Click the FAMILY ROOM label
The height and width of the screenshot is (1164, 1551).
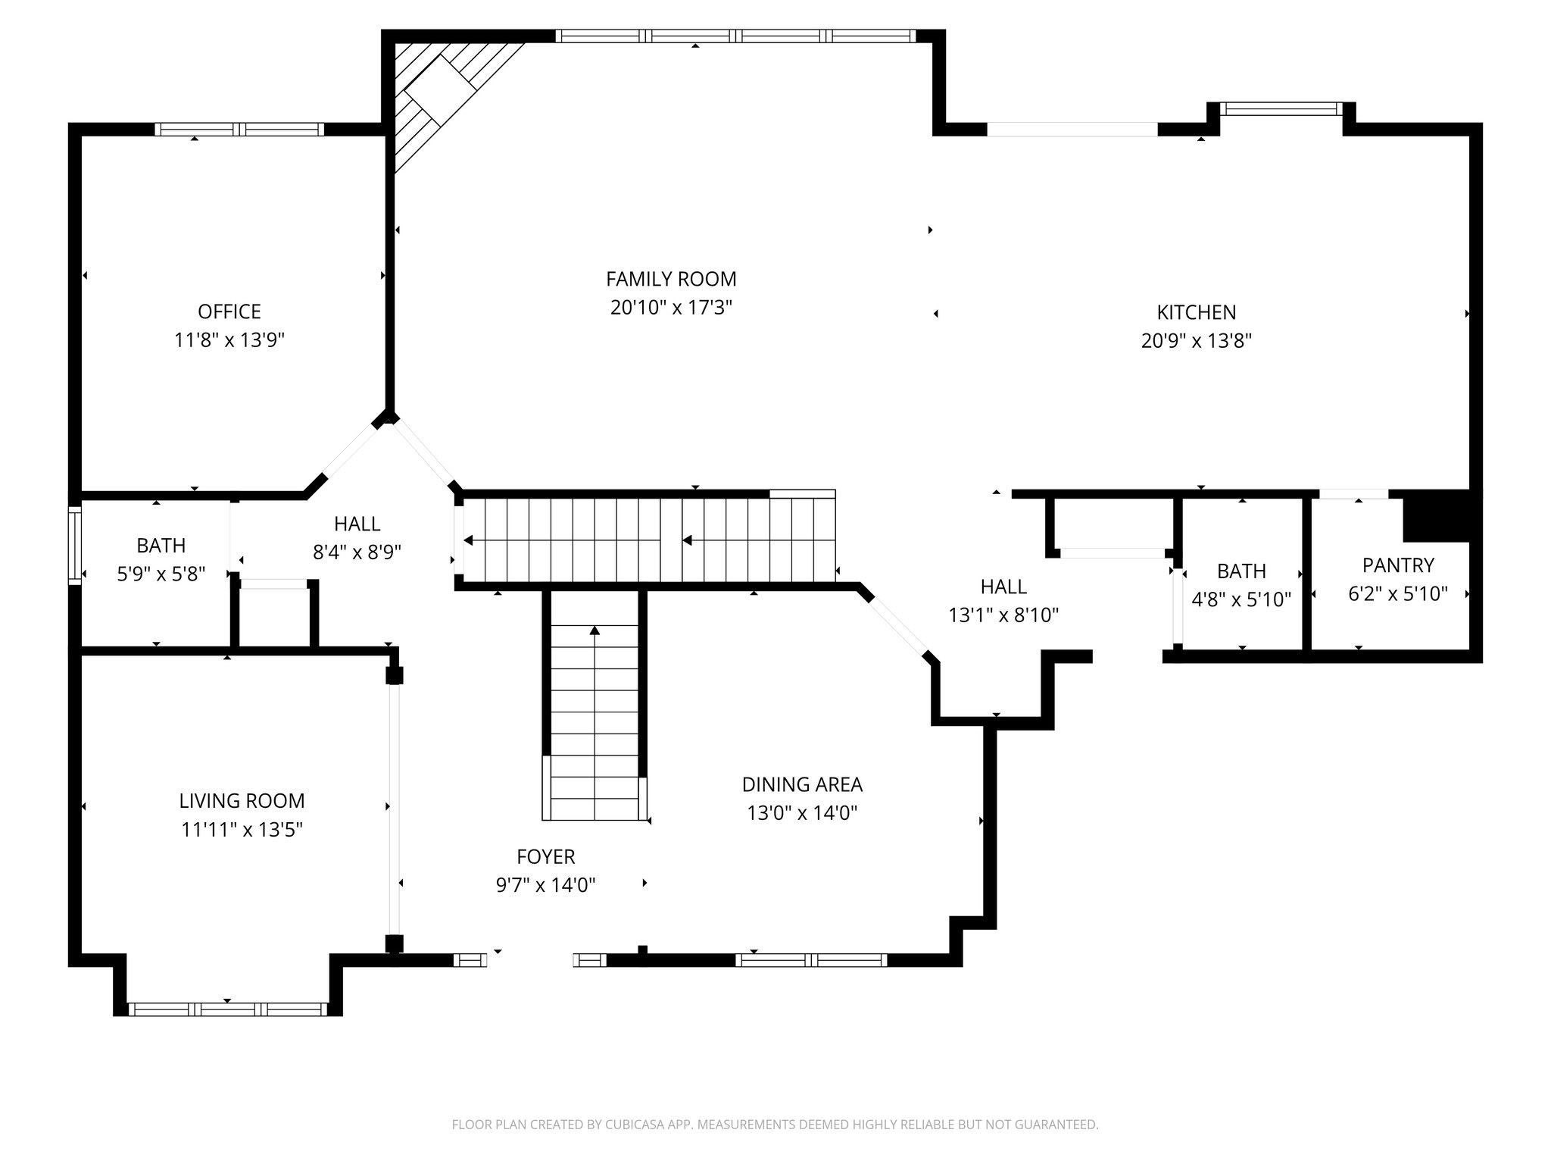click(x=671, y=279)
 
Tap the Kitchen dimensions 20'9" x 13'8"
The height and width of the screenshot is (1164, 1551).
click(x=1196, y=341)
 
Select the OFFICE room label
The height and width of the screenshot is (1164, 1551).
click(x=229, y=311)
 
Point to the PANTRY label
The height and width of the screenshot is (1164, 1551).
click(x=1397, y=565)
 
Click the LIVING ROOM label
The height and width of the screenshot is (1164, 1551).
click(x=242, y=801)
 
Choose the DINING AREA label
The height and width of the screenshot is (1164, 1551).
click(x=801, y=784)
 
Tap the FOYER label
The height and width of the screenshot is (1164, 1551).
click(x=545, y=857)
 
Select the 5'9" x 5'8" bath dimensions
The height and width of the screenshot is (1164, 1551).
click(x=161, y=574)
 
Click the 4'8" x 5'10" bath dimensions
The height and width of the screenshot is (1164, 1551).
click(x=1240, y=600)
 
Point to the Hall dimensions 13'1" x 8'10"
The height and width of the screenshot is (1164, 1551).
click(x=1003, y=615)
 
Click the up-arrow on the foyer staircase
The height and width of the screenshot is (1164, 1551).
click(x=594, y=630)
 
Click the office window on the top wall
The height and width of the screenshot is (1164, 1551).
click(x=239, y=130)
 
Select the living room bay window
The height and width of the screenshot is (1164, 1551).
click(x=227, y=1009)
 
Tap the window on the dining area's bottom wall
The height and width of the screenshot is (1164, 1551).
click(x=810, y=960)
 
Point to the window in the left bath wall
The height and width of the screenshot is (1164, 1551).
click(x=74, y=546)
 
